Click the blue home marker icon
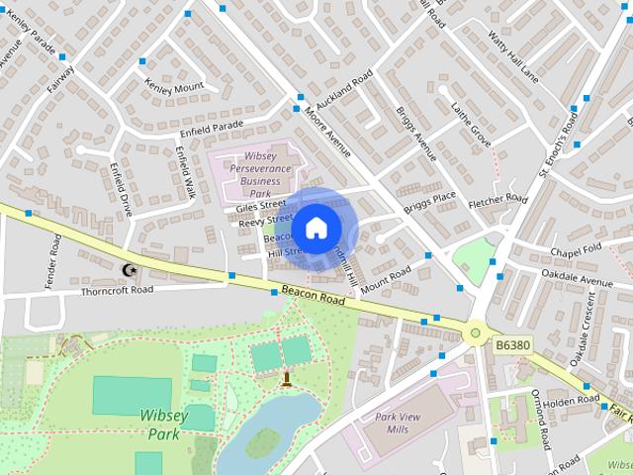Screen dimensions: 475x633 (315, 229)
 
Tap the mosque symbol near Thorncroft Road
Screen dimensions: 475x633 (128, 269)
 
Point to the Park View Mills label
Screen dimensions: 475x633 (398, 424)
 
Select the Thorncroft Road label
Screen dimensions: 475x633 (117, 290)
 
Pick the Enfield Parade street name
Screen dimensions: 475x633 (211, 130)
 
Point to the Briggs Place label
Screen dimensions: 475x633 (429, 202)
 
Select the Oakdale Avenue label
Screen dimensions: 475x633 (584, 281)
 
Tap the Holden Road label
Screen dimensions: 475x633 (572, 402)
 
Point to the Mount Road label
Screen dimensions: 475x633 (385, 282)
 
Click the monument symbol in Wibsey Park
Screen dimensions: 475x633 (286, 378)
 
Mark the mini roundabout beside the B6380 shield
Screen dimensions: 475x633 (476, 334)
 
